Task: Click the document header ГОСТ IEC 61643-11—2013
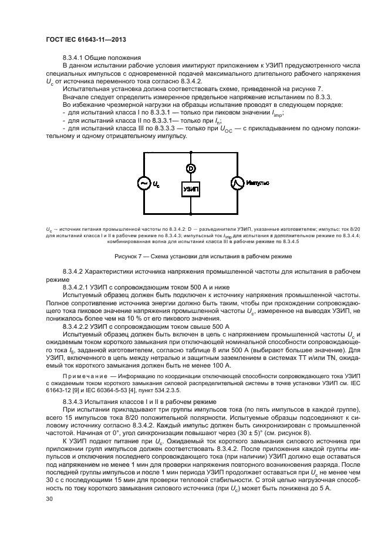(86, 39)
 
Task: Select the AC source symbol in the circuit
(143, 184)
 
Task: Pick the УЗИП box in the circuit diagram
(190, 189)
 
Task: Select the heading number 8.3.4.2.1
(79, 286)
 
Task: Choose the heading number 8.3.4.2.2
(79, 325)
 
